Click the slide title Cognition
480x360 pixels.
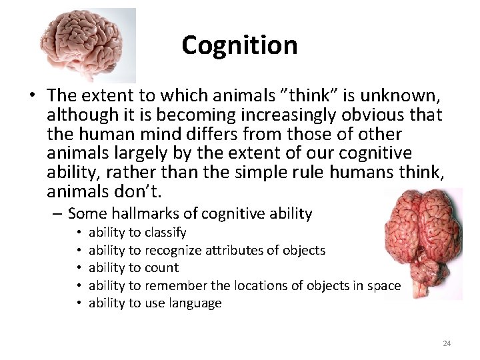239,45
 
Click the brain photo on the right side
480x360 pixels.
423,243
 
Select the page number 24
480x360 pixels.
447,343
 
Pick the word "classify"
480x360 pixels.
165,233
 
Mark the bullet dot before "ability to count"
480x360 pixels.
79,268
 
